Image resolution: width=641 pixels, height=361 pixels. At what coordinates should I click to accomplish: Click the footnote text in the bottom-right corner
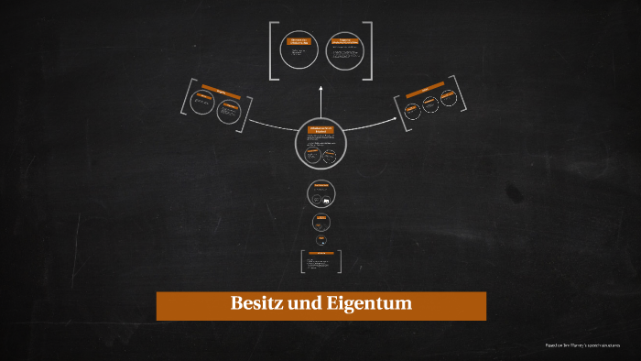point(581,345)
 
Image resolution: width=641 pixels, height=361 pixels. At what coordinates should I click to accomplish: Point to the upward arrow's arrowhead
point(321,89)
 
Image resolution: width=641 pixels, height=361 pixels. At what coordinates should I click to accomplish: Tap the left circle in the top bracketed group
point(299,52)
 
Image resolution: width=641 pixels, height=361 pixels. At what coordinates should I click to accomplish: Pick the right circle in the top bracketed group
point(344,52)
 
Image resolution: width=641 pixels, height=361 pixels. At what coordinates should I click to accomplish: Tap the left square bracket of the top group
point(273,51)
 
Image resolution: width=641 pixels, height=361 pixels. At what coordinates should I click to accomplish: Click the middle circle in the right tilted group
point(429,106)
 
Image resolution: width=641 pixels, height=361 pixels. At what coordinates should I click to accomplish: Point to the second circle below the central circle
point(321,221)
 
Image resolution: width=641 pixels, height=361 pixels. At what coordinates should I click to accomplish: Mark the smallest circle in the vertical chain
point(321,239)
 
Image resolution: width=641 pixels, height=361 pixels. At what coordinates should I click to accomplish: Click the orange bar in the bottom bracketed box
point(321,253)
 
